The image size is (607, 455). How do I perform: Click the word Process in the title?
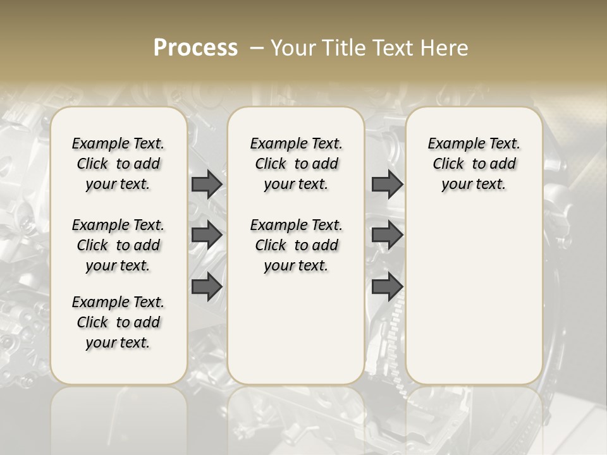195,48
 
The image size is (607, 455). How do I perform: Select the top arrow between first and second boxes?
207,184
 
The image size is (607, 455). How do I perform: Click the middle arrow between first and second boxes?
207,235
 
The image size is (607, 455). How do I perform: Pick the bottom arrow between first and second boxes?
207,287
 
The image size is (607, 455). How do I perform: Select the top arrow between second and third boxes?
387,184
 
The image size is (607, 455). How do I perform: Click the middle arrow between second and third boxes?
387,235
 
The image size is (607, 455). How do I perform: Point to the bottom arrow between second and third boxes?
387,287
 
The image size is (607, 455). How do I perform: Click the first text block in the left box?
118,164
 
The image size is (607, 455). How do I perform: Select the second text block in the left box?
118,245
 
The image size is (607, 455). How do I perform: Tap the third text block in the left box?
118,322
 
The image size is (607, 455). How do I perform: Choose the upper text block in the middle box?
296,164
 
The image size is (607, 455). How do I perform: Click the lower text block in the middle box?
296,245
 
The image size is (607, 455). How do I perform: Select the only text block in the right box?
474,164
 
